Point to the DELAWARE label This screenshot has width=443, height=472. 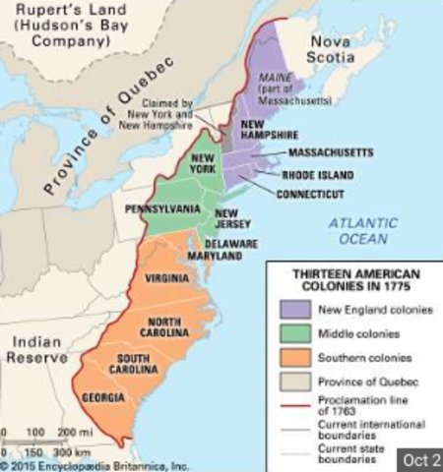point(231,243)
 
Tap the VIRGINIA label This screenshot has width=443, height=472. point(167,278)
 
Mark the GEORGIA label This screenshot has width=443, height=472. point(103,397)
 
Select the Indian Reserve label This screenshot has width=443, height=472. point(36,351)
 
